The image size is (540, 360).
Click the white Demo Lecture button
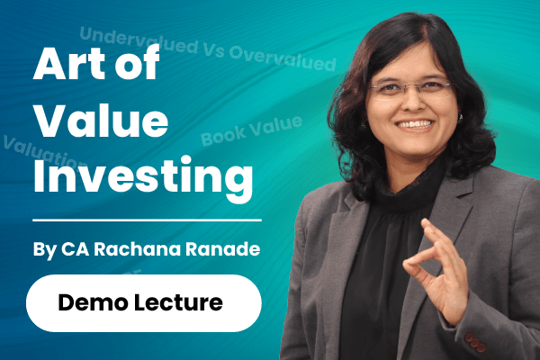(x=143, y=303)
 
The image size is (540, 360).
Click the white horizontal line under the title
(x=143, y=219)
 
